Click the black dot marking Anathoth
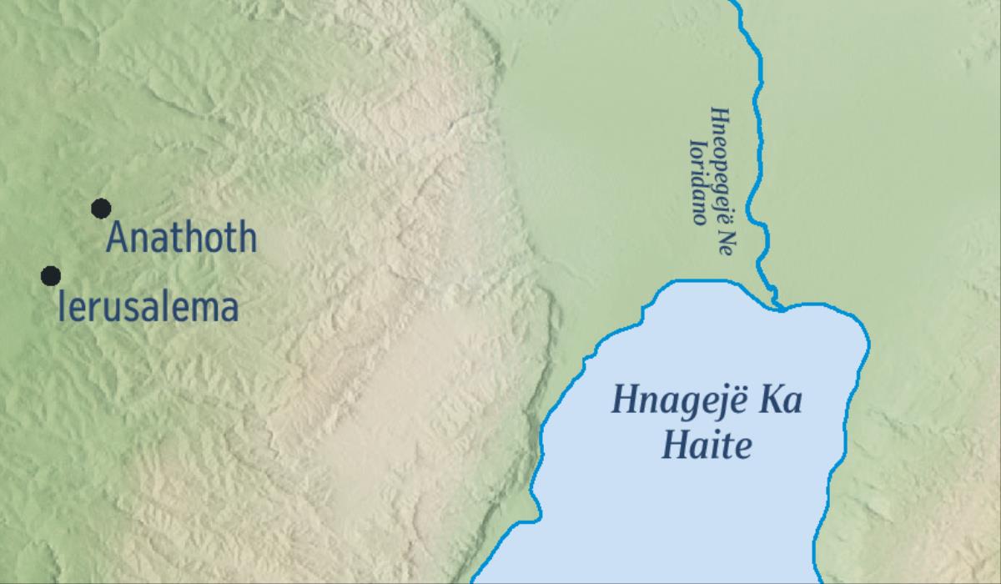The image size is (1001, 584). click(101, 209)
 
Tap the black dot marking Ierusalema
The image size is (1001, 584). click(51, 275)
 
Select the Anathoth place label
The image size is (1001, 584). click(182, 238)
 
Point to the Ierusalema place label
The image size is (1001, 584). click(148, 307)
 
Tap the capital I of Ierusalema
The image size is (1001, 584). click(61, 307)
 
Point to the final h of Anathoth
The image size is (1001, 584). click(246, 238)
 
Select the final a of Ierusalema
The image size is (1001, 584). click(229, 309)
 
